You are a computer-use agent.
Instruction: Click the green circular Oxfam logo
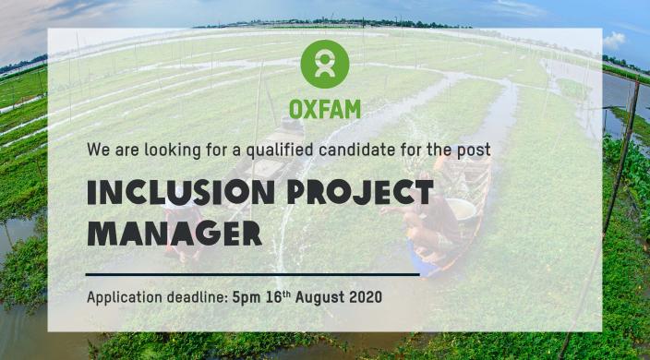coord(325,64)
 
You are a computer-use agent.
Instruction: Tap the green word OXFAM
coord(325,109)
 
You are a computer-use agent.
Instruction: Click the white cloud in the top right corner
coord(614,41)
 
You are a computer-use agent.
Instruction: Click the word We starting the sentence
coord(97,149)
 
